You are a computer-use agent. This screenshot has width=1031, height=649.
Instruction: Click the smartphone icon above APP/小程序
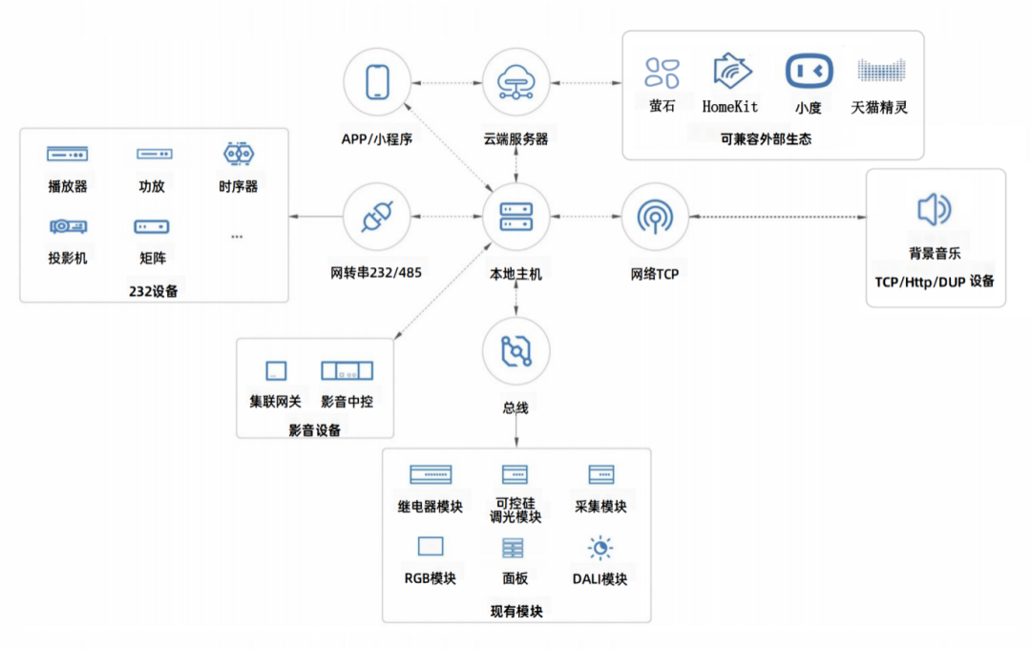click(x=377, y=82)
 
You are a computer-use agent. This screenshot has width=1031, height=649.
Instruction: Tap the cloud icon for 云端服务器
click(x=515, y=82)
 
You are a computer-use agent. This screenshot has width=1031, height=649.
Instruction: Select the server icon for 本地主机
click(x=516, y=217)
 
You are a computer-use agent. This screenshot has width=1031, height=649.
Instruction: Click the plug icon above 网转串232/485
click(x=377, y=217)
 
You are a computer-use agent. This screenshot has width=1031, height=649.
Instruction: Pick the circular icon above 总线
click(x=516, y=351)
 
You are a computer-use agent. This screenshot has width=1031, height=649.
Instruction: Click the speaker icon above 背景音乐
click(x=934, y=209)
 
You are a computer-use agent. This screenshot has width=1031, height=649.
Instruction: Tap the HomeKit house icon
click(x=731, y=71)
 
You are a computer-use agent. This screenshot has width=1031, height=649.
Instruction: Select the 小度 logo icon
click(x=809, y=71)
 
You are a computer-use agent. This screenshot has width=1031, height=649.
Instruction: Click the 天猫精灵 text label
click(x=879, y=107)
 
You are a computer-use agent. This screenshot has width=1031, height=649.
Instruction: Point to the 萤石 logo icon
click(x=662, y=73)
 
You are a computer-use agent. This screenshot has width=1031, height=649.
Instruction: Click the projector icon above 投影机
click(x=69, y=226)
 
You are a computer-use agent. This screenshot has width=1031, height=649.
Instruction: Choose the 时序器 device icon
click(x=239, y=154)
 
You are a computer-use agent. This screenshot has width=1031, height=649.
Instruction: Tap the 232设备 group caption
click(x=153, y=291)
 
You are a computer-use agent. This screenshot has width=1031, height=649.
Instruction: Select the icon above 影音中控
click(x=347, y=371)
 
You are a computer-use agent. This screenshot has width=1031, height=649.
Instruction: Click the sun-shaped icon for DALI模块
click(x=600, y=548)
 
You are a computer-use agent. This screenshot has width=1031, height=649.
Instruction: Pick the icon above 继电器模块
click(x=431, y=474)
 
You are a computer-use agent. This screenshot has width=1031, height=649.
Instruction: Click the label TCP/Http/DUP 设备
click(x=935, y=283)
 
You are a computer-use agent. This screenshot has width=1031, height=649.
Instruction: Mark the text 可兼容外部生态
click(x=766, y=139)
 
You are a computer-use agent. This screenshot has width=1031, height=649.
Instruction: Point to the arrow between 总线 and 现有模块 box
click(x=516, y=431)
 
